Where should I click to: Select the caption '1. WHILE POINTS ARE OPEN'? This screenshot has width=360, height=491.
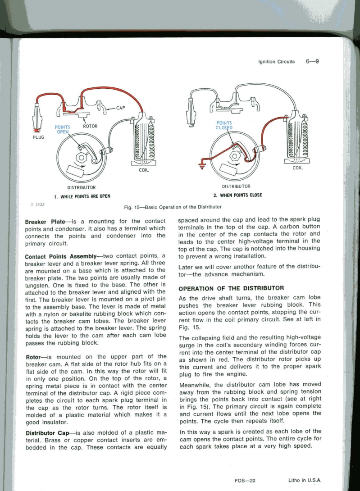tap(82, 196)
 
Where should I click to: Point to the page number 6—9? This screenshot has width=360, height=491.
tap(312, 61)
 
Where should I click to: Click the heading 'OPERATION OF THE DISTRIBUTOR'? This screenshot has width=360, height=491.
tap(231, 288)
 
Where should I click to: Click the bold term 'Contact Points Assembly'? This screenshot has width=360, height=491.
tap(66, 255)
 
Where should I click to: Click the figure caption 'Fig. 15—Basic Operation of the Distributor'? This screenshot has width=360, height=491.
tap(173, 208)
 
